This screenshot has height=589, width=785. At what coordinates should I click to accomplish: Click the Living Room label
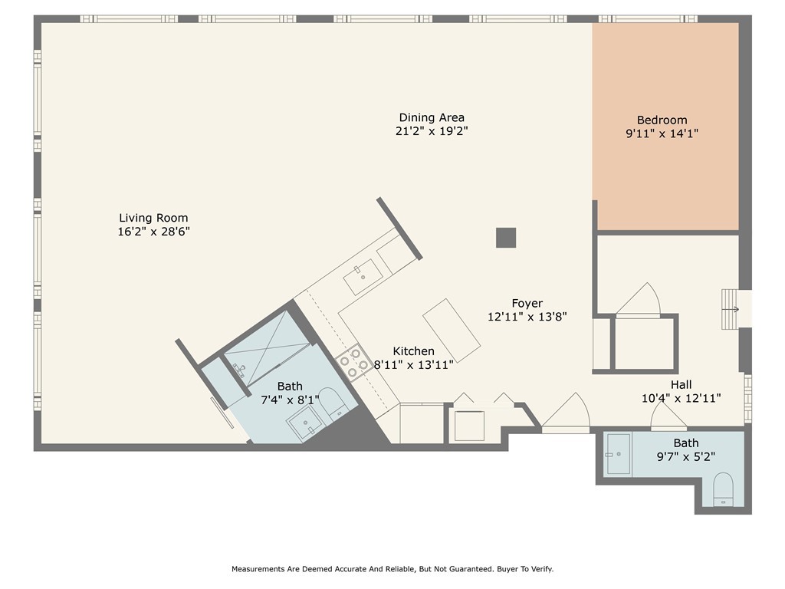tap(153, 218)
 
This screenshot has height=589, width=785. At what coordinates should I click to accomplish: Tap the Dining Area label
tap(432, 117)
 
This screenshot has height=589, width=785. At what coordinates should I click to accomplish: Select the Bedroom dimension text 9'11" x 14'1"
tap(662, 133)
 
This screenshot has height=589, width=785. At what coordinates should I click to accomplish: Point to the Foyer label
tap(527, 304)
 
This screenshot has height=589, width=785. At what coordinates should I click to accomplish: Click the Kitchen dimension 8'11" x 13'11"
tap(413, 364)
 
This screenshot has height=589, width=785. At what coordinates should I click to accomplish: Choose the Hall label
tap(681, 385)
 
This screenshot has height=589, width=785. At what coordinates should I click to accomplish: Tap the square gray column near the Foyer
tap(506, 238)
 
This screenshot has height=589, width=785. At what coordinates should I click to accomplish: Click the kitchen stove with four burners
tap(354, 363)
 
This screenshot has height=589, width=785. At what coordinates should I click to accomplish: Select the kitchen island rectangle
tap(452, 331)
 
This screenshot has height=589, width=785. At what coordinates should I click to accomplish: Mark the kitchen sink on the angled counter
tap(363, 276)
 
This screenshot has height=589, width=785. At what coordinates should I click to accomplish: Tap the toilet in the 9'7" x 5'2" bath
tap(723, 489)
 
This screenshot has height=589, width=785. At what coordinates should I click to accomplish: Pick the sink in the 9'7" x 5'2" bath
tap(619, 454)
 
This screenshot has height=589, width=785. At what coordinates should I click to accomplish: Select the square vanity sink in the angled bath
tap(305, 423)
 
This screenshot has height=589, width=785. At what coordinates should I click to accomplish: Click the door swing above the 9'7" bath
tap(668, 416)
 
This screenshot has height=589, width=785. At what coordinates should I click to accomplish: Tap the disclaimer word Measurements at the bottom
tap(258, 569)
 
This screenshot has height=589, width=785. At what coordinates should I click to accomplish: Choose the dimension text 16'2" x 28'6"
tap(153, 232)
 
